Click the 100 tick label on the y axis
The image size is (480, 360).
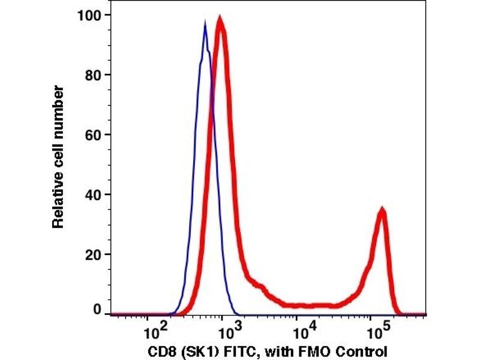[89, 15]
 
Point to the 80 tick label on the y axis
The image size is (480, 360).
[92, 75]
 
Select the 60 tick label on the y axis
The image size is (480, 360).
[92, 134]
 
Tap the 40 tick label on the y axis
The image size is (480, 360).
[92, 194]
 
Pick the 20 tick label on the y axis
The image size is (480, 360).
[92, 254]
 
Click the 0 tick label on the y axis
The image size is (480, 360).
[96, 310]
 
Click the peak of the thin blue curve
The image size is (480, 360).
[205, 24]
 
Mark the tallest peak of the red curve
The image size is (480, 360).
[220, 20]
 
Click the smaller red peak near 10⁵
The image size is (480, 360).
[380, 210]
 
